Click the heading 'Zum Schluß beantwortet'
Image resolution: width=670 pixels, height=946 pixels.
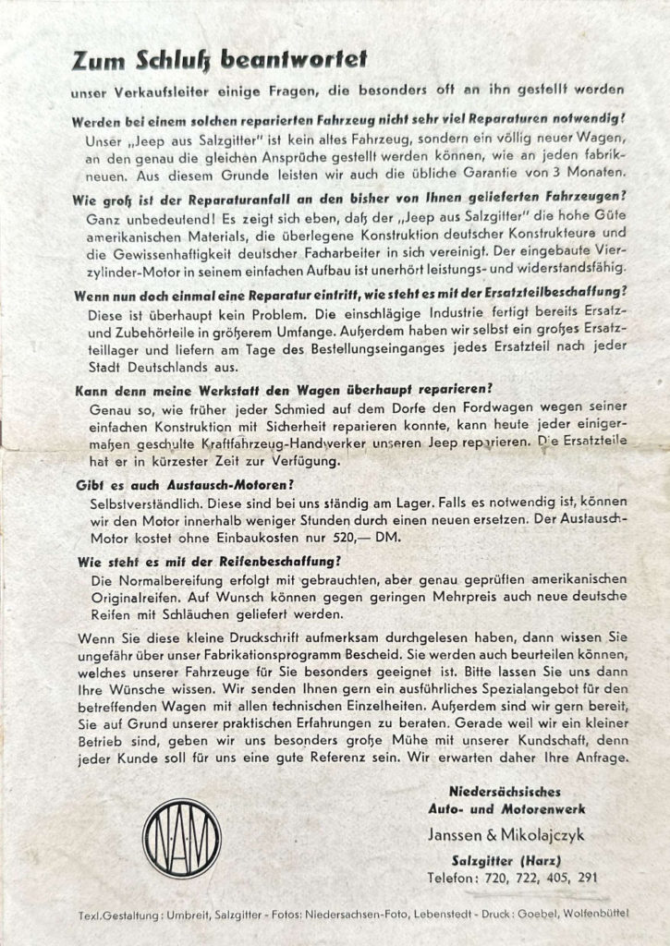[x=219, y=60]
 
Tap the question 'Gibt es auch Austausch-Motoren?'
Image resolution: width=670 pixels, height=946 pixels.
[x=179, y=483]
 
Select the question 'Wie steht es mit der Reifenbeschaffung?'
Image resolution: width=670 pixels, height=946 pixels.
[x=208, y=560]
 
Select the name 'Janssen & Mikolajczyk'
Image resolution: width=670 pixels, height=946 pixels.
[x=506, y=835]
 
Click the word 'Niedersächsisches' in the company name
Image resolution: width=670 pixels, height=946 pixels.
[x=505, y=792]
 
